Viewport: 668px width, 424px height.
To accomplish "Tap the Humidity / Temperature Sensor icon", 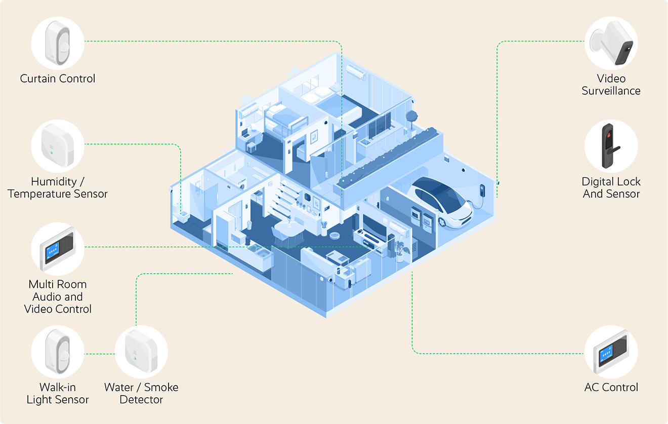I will [57, 146].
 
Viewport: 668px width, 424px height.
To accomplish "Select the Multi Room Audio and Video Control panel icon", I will [57, 249].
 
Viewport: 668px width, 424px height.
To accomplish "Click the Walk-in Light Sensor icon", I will [57, 352].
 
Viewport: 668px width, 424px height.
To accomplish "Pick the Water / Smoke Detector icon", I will [141, 352].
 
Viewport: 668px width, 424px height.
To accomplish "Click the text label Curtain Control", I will [58, 79].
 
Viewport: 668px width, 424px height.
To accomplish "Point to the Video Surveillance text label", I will [611, 85].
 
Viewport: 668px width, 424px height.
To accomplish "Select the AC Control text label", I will [611, 388].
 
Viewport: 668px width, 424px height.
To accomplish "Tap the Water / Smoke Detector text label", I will [141, 394].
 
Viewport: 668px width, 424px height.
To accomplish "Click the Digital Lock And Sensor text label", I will [611, 187].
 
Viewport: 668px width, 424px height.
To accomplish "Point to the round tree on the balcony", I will [411, 117].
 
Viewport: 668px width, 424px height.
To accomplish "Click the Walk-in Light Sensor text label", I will [57, 394].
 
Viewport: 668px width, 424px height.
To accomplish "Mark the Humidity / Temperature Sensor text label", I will [58, 187].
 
